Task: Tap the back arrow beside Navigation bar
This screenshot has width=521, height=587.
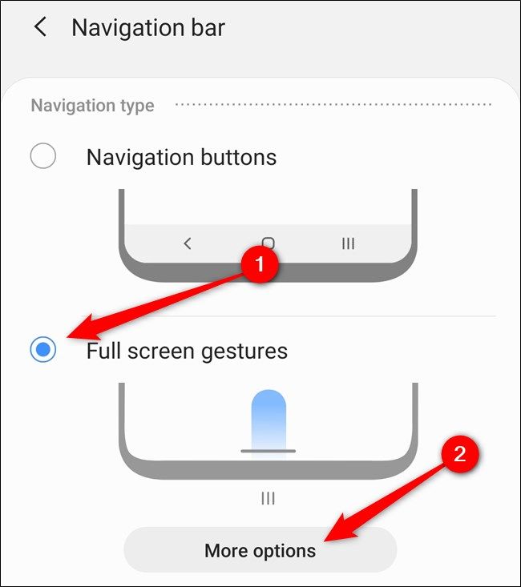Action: (39, 27)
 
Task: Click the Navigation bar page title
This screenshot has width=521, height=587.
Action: (148, 28)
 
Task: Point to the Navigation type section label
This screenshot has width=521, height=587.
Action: (92, 106)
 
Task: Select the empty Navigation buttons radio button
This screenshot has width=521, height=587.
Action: (43, 155)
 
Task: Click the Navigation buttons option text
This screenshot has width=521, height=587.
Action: (181, 157)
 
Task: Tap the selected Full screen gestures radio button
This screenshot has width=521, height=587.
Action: (43, 350)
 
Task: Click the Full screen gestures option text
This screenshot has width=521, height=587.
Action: (187, 351)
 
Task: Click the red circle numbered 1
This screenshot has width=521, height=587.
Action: (259, 263)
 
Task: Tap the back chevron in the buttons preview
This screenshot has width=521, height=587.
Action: (188, 243)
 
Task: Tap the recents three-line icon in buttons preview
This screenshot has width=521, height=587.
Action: (348, 243)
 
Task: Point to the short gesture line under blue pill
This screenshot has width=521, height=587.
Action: (269, 451)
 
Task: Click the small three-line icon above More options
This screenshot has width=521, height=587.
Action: (269, 498)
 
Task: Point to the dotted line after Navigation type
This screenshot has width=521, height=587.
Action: (333, 105)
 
